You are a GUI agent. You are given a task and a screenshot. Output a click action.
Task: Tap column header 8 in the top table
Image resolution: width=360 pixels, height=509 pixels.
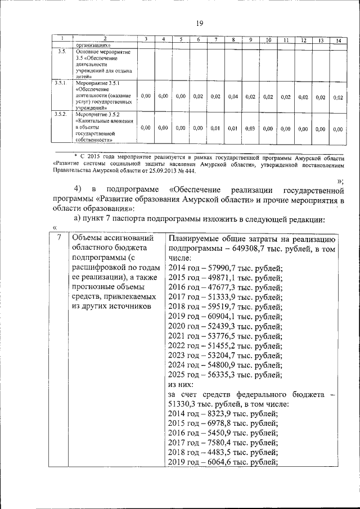coord(233,40)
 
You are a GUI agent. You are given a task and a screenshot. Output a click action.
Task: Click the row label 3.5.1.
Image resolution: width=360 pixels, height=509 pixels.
coord(60,83)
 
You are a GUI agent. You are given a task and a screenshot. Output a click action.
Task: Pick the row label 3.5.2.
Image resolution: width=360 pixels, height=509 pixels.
coord(60,114)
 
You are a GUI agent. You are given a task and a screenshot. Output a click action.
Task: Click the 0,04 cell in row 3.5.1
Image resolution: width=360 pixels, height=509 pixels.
coord(233,97)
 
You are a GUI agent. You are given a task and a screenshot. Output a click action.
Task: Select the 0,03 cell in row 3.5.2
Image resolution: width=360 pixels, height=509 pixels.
coord(250,128)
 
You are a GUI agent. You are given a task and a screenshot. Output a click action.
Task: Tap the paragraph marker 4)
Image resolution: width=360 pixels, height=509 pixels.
coord(78,188)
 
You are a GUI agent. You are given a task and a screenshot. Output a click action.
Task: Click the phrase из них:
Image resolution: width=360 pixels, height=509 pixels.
coord(181,384)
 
